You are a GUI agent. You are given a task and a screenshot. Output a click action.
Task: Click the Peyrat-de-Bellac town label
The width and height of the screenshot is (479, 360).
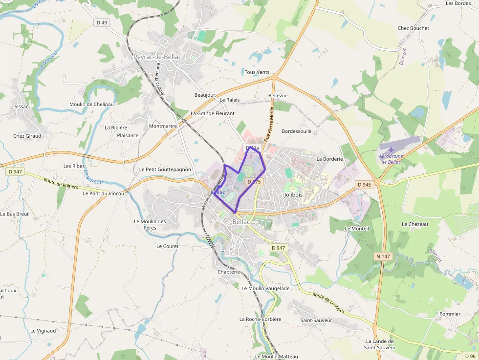157,57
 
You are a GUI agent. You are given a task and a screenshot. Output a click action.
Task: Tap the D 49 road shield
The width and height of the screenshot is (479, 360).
102,22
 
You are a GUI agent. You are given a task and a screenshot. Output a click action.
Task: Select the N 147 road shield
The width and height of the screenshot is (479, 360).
383,256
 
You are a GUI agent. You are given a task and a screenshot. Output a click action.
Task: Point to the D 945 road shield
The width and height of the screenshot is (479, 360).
364,185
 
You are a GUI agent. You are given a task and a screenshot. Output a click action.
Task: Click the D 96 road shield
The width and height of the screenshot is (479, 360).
470,356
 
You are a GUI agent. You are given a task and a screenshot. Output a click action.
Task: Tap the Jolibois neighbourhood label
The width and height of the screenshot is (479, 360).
293,194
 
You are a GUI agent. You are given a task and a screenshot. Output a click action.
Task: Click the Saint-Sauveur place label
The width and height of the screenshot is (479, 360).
316,320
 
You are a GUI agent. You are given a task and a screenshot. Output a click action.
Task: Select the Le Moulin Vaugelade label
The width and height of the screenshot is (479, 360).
265,288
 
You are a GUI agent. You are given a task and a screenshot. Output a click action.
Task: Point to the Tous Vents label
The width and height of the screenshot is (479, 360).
257,72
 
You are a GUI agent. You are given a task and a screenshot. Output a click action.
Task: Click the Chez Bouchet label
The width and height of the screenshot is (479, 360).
413,28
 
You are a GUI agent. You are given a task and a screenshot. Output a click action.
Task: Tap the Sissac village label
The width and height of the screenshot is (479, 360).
22,106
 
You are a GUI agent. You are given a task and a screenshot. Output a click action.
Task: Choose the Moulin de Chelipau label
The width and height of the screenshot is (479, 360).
91,104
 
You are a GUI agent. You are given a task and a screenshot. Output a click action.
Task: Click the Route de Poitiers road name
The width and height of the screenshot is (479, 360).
61,184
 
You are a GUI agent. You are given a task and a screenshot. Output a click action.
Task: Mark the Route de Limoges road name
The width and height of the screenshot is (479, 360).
328,303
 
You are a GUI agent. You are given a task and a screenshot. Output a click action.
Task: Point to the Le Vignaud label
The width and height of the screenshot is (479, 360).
43,331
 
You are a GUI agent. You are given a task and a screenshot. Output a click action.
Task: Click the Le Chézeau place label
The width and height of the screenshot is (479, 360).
414,224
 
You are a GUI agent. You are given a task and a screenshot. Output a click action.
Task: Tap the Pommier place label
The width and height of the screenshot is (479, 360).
450,314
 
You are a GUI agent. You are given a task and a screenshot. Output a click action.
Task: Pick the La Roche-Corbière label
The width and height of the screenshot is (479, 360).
260,319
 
